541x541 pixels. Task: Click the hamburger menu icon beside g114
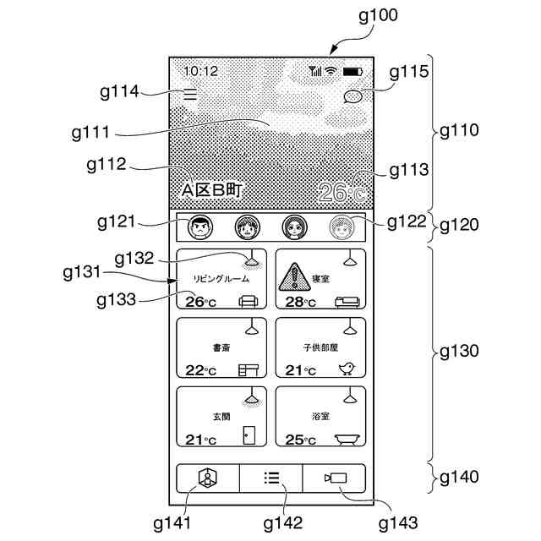coord(190,95)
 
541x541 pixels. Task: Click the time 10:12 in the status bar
coord(200,71)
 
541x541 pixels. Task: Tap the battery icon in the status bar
coord(352,71)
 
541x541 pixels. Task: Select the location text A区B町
coord(213,191)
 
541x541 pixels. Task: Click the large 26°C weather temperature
coord(342,193)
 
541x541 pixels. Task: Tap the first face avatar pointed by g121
coord(200,227)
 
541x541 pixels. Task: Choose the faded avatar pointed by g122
coord(341,227)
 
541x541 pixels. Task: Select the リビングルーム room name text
coord(221,279)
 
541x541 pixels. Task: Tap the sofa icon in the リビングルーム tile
coord(249,300)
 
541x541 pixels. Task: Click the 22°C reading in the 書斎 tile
coord(200,370)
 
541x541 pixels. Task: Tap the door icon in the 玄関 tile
coord(249,435)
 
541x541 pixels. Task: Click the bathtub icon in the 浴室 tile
coord(347,439)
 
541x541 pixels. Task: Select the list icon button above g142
coord(271,478)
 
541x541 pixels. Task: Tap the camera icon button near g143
coord(334,478)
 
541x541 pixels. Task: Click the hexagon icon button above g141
coord(208,478)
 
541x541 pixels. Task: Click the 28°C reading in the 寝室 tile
coord(299,302)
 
